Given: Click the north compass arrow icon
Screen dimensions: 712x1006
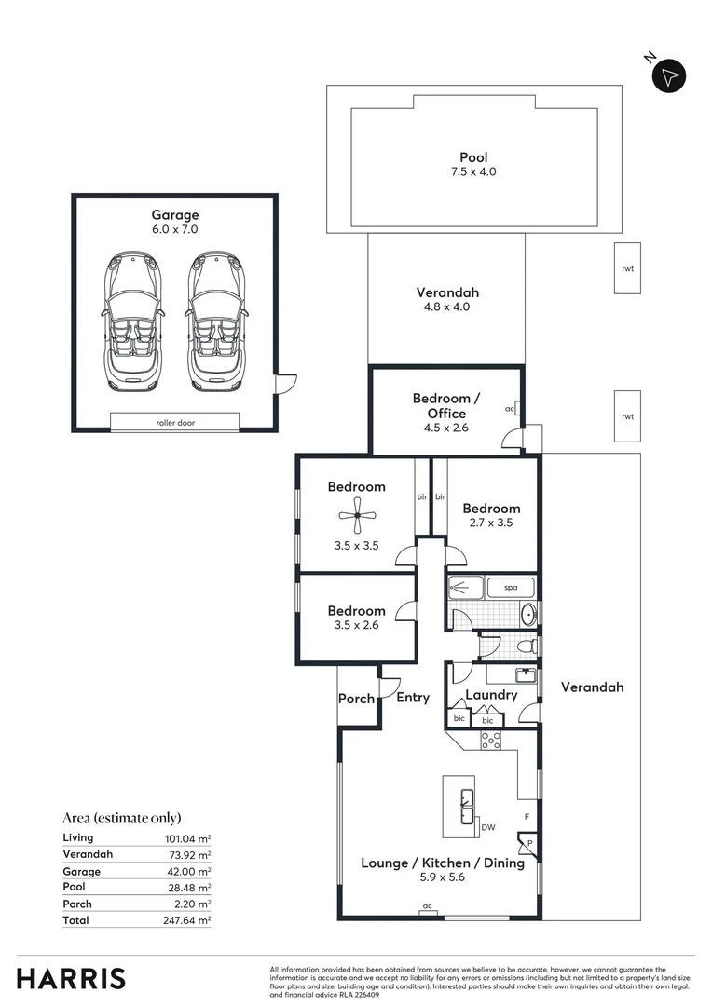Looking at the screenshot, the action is pos(669,77).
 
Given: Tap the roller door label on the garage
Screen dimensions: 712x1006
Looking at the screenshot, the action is pos(175,423).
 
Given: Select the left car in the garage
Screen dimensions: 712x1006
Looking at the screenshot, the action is pos(133,321).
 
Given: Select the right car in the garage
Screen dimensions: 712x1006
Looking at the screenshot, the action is pos(217,321).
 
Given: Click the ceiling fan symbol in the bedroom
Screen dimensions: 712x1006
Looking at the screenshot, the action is pos(357,515).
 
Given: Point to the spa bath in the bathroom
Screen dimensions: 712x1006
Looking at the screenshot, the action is pos(511,587).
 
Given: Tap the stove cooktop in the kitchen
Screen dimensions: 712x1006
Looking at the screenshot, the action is pos(491,741).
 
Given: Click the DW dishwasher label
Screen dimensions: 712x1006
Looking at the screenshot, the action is pos(488,827).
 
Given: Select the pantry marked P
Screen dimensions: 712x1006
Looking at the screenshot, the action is pos(527,844).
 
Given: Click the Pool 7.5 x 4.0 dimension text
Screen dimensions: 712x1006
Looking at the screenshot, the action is pos(473,172).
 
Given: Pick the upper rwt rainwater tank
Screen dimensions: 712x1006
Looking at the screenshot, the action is pos(627,268).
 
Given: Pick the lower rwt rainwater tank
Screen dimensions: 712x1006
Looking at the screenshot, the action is pos(627,416).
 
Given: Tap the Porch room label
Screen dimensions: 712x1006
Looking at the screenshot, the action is pos(356,699).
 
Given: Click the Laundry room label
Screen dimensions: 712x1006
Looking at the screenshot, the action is pos(491,695).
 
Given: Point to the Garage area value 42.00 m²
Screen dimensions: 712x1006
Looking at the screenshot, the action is pos(187,871).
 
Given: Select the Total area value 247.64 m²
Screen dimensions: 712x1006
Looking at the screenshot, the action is pos(186,920).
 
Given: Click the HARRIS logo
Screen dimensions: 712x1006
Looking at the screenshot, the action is pos(71,979).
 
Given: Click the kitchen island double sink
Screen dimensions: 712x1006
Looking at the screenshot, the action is pos(467,807).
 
